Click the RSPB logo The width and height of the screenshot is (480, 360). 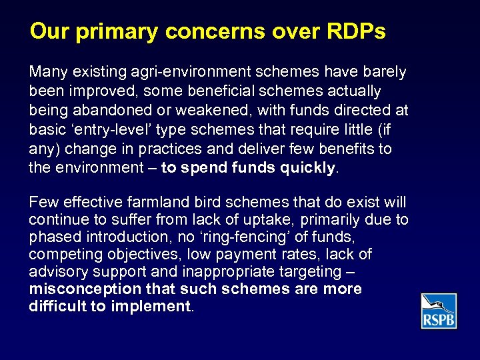(x=439, y=311)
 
